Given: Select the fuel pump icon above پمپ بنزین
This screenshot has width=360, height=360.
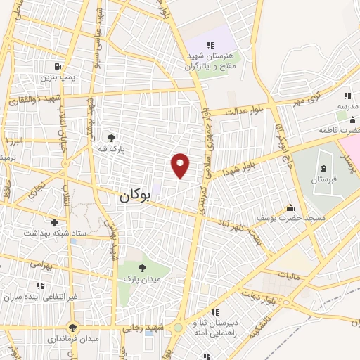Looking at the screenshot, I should click(55, 67).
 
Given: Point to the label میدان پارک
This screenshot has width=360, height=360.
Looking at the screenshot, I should click(143, 280).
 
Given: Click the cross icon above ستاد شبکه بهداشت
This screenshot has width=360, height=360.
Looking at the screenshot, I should click(54, 222).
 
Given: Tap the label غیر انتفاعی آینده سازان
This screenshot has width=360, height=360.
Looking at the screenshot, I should click(41, 297).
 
